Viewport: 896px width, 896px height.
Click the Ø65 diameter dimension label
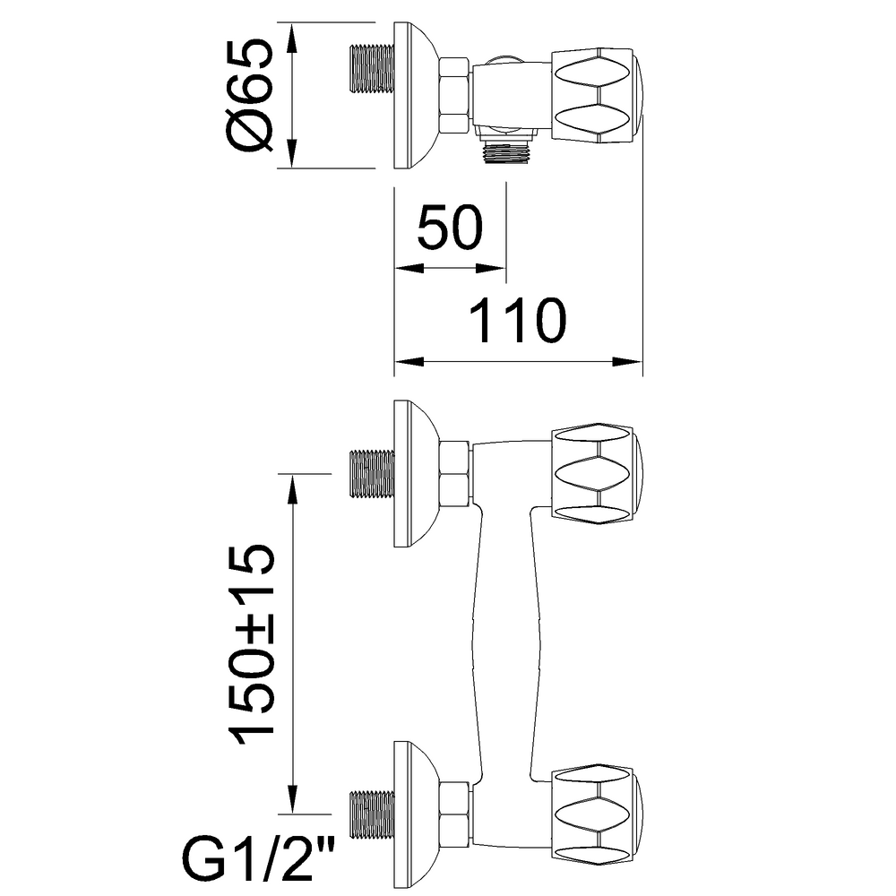pos(248,94)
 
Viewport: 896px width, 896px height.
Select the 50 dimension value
pos(450,228)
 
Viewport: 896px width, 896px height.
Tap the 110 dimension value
pos(519,321)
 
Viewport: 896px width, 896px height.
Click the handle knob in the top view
pos(594,96)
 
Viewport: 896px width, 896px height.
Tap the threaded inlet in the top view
pos(368,76)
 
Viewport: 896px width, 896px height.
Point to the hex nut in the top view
pos(455,96)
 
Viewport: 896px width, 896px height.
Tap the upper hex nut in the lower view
pos(456,472)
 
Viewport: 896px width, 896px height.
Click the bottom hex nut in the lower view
pos(456,811)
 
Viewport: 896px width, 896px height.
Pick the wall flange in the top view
pos(412,96)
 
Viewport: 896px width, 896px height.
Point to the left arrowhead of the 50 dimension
pos(403,268)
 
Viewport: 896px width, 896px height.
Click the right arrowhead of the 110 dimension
pos(634,362)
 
